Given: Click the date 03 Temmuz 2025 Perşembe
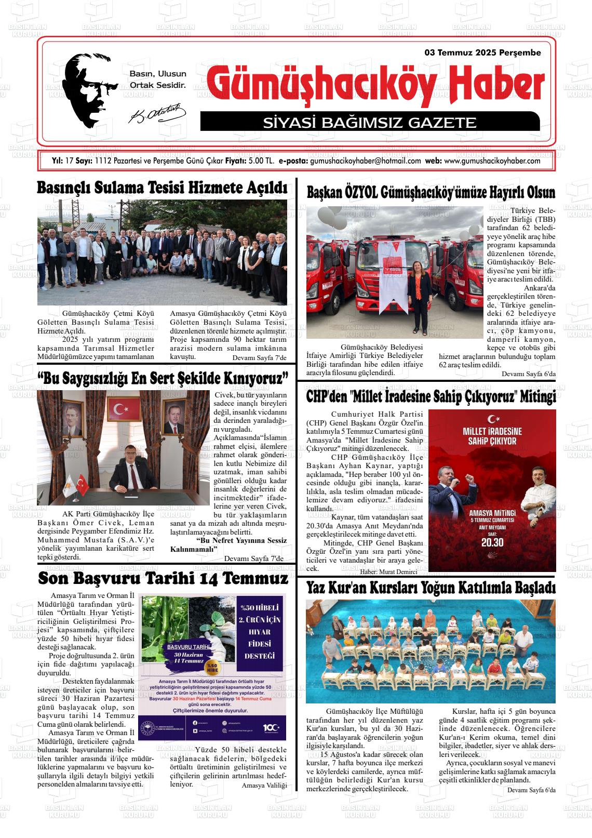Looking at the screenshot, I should click(x=482, y=52).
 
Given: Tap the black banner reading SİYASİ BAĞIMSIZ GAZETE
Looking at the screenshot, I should click(x=369, y=123).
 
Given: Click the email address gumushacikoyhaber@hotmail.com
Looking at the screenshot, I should click(x=365, y=161).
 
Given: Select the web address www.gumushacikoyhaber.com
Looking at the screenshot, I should click(x=492, y=161).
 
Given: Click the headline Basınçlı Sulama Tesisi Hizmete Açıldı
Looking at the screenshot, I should click(x=162, y=188).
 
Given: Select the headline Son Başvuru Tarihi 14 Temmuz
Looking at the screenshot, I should click(x=163, y=578).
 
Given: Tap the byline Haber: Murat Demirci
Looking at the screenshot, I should click(x=388, y=571).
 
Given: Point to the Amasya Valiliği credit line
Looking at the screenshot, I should click(x=264, y=785).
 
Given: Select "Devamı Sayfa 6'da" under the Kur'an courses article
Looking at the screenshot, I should click(x=531, y=790).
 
